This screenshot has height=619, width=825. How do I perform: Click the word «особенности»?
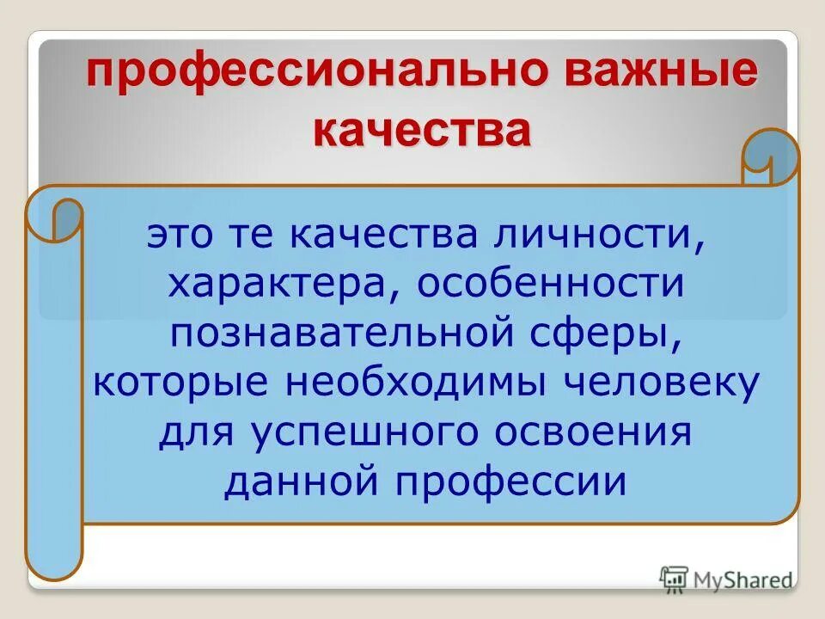coord(552,284)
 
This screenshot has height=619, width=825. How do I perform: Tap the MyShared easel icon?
coord(675,580)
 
